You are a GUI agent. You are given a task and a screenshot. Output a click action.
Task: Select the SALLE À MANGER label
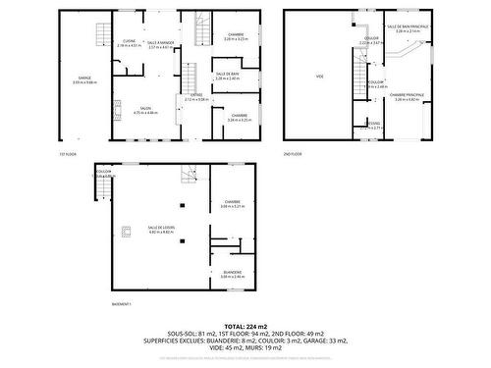(159, 41)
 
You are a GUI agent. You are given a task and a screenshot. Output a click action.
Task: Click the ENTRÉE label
(196, 95)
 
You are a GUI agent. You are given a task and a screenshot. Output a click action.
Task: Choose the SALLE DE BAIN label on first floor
(226, 74)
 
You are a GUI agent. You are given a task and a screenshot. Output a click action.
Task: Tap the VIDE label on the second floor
(319, 76)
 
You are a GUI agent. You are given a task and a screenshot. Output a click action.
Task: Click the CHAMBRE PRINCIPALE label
(406, 95)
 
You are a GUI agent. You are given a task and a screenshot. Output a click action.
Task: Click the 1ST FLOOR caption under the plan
(67, 154)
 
